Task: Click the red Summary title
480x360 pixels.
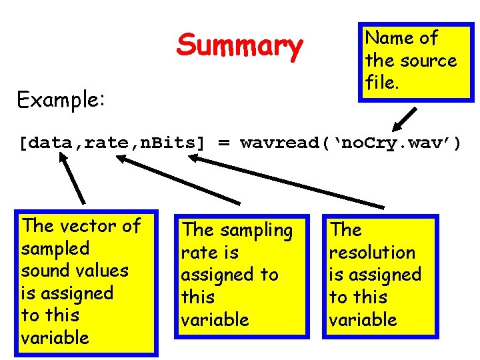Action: [x=239, y=46]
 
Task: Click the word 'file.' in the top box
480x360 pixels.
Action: [x=382, y=83]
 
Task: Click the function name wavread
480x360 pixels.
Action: [x=276, y=143]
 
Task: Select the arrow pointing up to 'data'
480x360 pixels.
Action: [x=73, y=177]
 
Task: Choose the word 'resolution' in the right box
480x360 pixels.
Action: [x=372, y=253]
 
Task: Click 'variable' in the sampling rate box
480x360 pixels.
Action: [x=215, y=320]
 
